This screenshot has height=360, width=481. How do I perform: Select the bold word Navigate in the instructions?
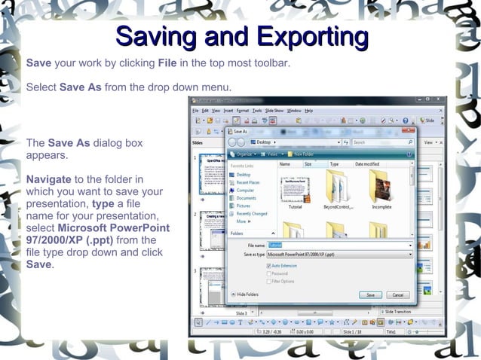click(49, 180)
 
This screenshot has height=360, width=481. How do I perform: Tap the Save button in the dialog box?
click(369, 294)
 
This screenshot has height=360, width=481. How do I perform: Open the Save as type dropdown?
click(339, 255)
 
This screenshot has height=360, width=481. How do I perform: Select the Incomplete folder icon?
click(381, 185)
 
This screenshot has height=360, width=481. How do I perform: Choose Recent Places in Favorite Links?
click(248, 182)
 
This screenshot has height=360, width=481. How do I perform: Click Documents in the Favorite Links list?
click(246, 198)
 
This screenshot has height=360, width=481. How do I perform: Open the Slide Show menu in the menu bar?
click(274, 111)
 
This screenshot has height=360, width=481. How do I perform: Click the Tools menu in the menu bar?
click(257, 111)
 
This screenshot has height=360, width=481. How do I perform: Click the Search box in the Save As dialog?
click(381, 142)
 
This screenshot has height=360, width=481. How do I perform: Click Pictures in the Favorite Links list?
click(243, 206)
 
